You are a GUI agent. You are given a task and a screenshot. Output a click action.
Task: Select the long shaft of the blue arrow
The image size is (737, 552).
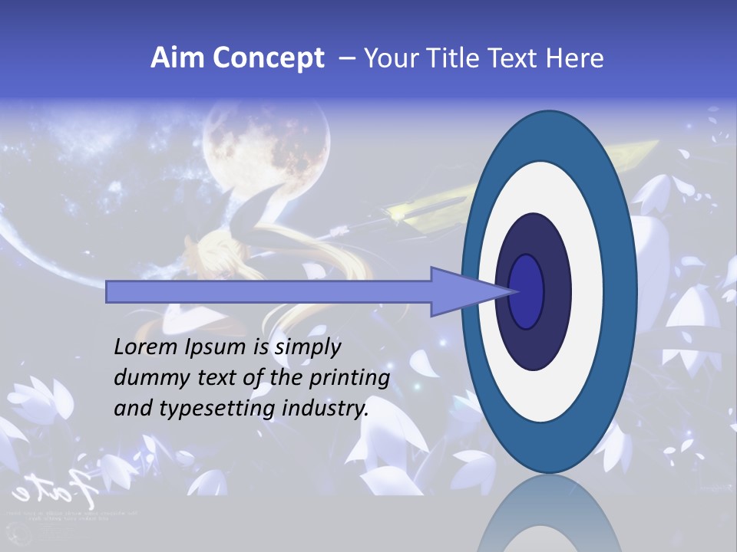269,292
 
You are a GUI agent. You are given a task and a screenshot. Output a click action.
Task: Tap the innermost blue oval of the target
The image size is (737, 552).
527,291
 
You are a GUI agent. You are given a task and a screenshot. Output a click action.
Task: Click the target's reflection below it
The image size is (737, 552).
548,517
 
